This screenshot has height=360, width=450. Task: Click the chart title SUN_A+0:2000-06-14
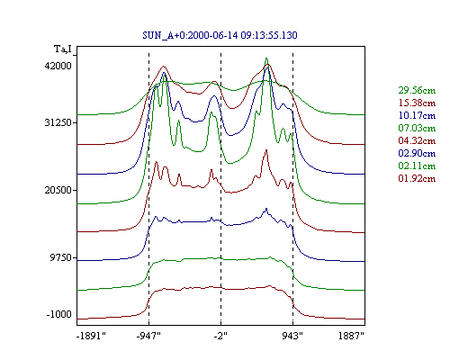pos(190,36)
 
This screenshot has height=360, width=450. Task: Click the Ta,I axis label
pos(63,49)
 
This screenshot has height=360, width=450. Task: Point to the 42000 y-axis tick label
pos(58,66)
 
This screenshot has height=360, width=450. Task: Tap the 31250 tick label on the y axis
pos(58,122)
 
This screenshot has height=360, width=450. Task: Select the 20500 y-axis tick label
pos(58,190)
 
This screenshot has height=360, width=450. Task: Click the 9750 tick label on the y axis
pos(61,257)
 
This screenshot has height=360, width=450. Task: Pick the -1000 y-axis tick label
pos(59,314)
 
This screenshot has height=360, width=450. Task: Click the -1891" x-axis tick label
pos(92,336)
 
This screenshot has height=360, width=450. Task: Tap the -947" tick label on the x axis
pos(148,336)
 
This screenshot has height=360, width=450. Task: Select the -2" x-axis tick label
pos(220,336)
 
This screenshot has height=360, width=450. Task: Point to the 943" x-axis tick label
pos(292,336)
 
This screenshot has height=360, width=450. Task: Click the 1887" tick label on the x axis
pos(351,336)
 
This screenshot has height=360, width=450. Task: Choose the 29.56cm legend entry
pos(417,90)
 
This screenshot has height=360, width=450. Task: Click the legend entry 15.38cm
pos(417,103)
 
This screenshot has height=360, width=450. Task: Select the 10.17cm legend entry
pos(417,115)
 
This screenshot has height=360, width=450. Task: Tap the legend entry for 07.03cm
pos(417,128)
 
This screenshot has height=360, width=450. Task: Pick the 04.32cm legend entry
pos(417,140)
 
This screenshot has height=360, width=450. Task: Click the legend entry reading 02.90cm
pos(417,153)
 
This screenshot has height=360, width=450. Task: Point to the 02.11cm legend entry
pos(417,166)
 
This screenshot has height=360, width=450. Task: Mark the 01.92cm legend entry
pos(417,178)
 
